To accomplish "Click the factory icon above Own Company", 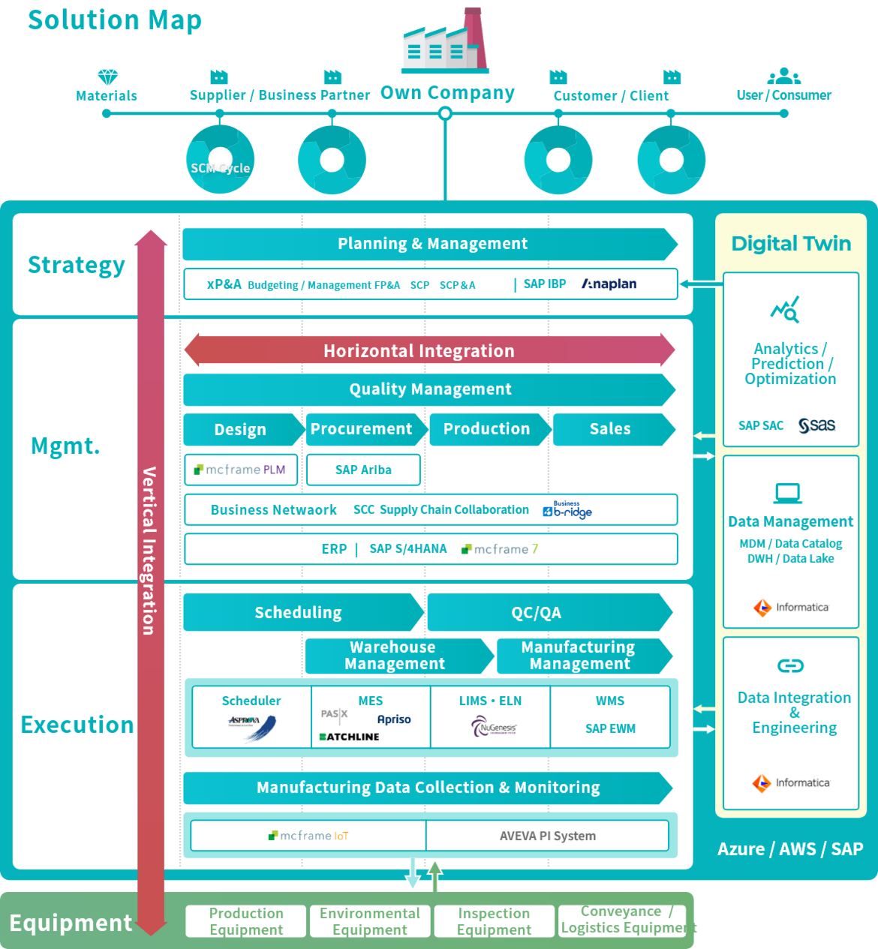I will click(x=446, y=44).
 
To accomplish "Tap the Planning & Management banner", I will click(x=431, y=244).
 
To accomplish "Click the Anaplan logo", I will click(x=609, y=284).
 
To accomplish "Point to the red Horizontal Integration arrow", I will click(x=429, y=350).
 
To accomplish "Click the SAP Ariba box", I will click(x=363, y=470).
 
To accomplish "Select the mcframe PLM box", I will click(x=241, y=470).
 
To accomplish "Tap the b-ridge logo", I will click(x=567, y=510).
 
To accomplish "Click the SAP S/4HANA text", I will click(x=407, y=549).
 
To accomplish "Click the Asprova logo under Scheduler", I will click(x=251, y=726).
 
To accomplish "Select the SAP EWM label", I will click(x=610, y=728).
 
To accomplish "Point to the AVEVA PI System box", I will click(x=547, y=836).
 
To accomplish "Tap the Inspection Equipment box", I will click(x=494, y=921).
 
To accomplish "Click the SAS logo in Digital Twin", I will click(x=817, y=425).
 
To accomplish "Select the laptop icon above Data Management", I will click(x=788, y=493).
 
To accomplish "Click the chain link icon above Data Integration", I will click(x=790, y=665).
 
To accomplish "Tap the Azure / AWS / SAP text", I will click(x=790, y=849).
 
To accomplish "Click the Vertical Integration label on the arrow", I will click(x=149, y=551).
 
